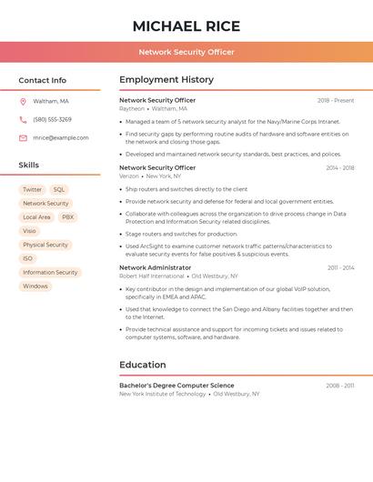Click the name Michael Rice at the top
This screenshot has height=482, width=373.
pyautogui.click(x=186, y=26)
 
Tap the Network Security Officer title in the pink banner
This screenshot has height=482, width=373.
pyautogui.click(x=186, y=52)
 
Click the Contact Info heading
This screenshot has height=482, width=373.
pyautogui.click(x=43, y=80)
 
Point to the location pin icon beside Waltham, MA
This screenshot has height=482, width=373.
pyautogui.click(x=23, y=101)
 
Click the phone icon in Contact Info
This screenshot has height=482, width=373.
pyautogui.click(x=23, y=119)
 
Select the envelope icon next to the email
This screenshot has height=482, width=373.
pyautogui.click(x=23, y=138)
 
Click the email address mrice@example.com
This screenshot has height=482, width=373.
pyautogui.click(x=61, y=138)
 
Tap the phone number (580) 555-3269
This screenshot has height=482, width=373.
pyautogui.click(x=52, y=119)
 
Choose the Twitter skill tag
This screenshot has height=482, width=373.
pyautogui.click(x=32, y=190)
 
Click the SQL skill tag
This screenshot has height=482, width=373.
pyautogui.click(x=59, y=190)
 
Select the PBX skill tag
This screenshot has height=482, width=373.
pyautogui.click(x=68, y=217)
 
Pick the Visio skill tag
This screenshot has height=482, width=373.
pyautogui.click(x=30, y=231)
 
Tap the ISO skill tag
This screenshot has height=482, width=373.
pyautogui.click(x=28, y=258)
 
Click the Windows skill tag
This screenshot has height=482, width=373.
pyautogui.click(x=35, y=286)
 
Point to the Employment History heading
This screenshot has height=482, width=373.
pyautogui.click(x=166, y=80)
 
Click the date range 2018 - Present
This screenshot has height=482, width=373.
pyautogui.click(x=336, y=101)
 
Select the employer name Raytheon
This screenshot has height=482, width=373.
pyautogui.click(x=132, y=108)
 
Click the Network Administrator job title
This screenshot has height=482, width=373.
pyautogui.click(x=156, y=268)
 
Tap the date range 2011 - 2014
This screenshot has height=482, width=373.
pyautogui.click(x=341, y=268)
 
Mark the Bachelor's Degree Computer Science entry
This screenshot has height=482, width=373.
pyautogui.click(x=176, y=386)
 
